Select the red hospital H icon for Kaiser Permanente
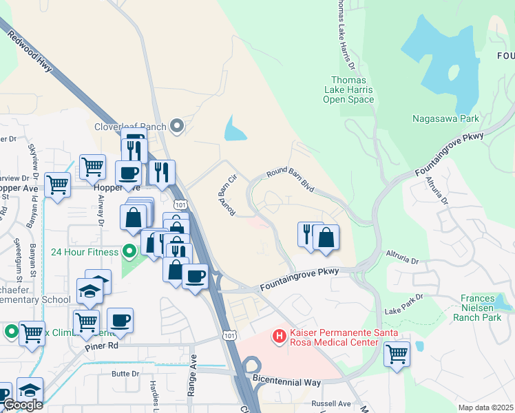click(x=280, y=336)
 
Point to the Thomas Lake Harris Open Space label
click(x=348, y=90)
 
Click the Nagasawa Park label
click(x=445, y=118)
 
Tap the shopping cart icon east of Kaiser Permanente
click(x=397, y=354)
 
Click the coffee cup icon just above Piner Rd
click(x=120, y=319)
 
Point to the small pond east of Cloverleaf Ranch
click(x=234, y=128)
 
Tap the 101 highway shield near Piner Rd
click(x=230, y=334)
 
